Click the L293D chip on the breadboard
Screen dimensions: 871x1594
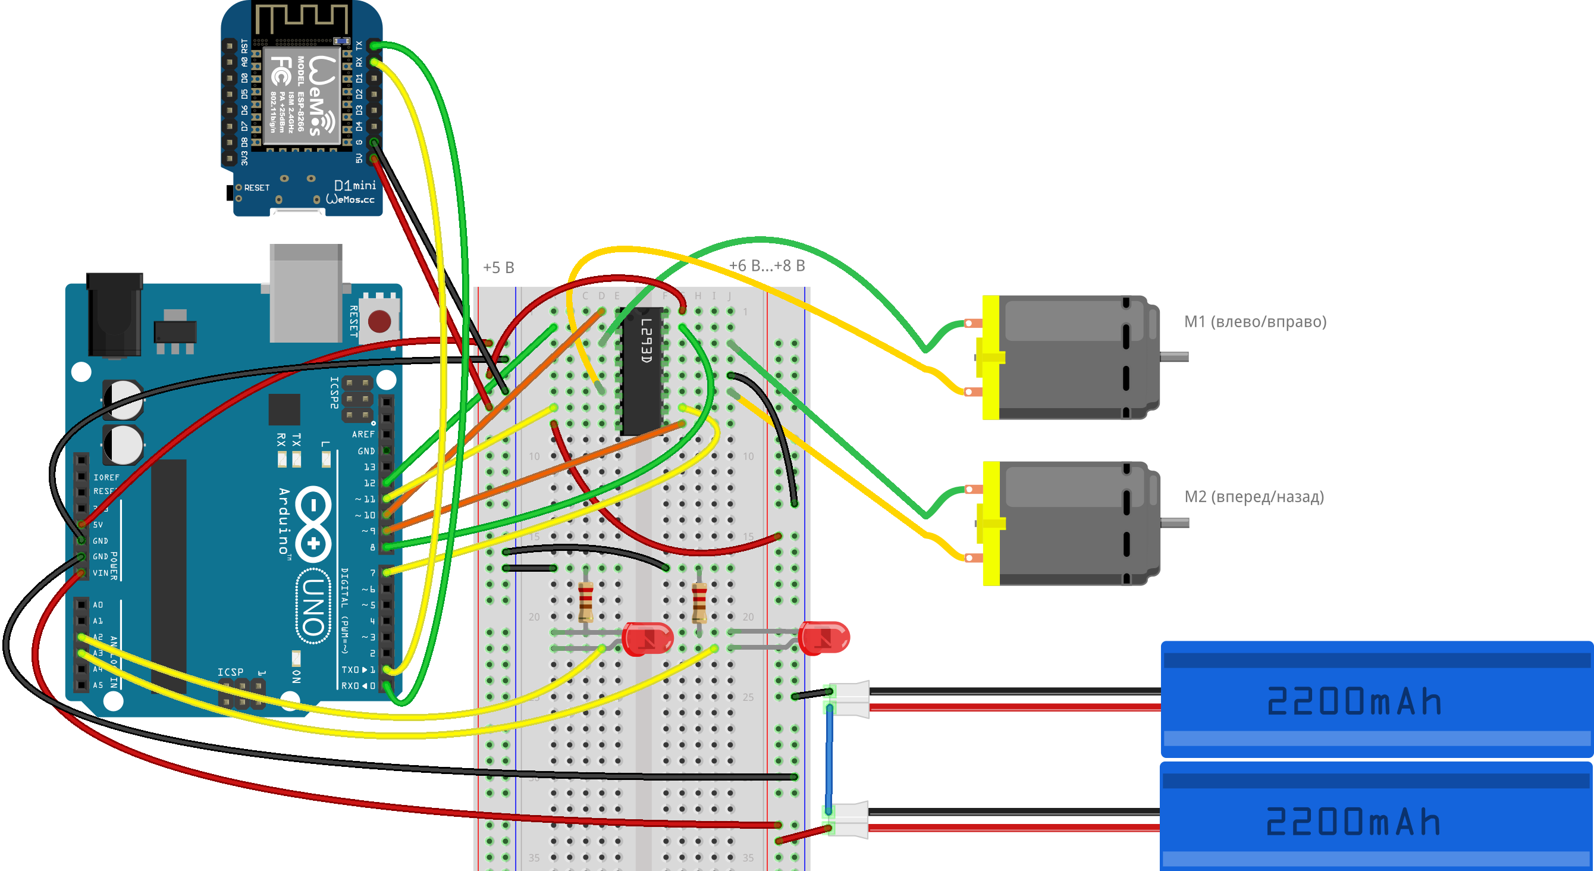coord(642,371)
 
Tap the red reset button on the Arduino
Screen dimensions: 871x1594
coord(379,321)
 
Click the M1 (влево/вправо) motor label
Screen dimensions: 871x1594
coord(1255,322)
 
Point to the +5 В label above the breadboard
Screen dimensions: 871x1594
coord(498,268)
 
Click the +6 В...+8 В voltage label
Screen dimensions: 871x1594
coord(767,265)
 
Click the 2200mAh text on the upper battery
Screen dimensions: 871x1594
coord(1354,701)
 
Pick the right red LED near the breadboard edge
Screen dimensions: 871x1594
coord(824,638)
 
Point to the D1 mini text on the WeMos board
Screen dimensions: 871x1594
coord(354,185)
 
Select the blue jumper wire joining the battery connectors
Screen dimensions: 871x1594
coord(829,759)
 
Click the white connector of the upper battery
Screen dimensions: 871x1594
coord(851,699)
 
